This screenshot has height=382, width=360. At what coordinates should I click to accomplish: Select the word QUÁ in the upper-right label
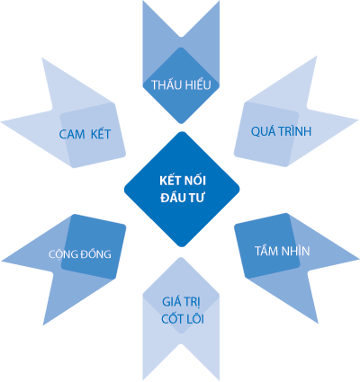(263, 131)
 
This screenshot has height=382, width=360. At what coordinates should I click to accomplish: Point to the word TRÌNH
(295, 130)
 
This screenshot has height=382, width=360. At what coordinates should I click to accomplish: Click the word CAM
(72, 134)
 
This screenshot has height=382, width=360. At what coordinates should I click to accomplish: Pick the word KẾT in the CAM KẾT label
(101, 133)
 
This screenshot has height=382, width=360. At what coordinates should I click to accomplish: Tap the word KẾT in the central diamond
(170, 180)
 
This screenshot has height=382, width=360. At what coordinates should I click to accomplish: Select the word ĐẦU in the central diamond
(172, 197)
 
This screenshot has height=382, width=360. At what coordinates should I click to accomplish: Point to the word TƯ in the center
(195, 198)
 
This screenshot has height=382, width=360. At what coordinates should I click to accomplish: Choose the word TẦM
(265, 250)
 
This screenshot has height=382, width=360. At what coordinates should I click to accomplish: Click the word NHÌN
(295, 250)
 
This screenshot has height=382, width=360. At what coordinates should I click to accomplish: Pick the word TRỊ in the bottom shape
(194, 302)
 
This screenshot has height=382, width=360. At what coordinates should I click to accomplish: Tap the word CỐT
(172, 318)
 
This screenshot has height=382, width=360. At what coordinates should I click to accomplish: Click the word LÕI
(195, 318)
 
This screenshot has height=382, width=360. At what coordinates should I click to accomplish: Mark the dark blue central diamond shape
(182, 190)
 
